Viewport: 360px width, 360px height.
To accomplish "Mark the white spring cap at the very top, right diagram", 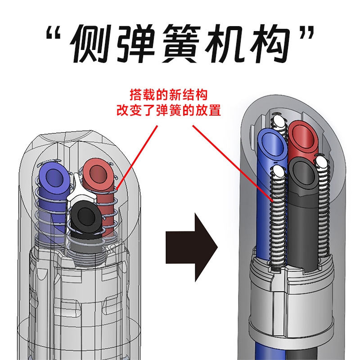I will coord(279,121).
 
